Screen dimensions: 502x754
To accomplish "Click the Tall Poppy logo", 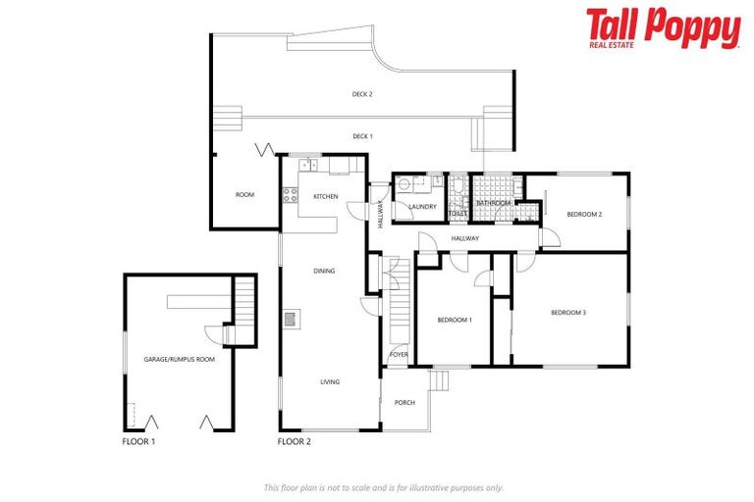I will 664,28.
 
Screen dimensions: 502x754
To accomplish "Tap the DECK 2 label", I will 362,94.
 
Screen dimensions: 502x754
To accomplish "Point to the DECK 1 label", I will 362,136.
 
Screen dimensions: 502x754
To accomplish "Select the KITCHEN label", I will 326,196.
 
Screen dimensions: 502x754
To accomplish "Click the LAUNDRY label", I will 422,206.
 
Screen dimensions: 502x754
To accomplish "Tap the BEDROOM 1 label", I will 455,320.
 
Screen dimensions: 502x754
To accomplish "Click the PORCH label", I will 404,402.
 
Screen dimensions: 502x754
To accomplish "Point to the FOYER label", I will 399,354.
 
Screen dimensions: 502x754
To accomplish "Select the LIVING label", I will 329,381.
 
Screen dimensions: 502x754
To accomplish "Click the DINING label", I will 325,271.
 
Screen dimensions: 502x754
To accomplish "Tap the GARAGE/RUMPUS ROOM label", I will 180,359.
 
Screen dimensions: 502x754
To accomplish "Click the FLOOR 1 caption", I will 138,442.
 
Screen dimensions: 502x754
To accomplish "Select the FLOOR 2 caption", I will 295,442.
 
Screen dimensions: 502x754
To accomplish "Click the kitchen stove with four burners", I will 290,194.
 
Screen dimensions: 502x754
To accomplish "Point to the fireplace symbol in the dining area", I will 291,318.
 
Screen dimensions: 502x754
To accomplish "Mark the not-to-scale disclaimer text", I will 384,487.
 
